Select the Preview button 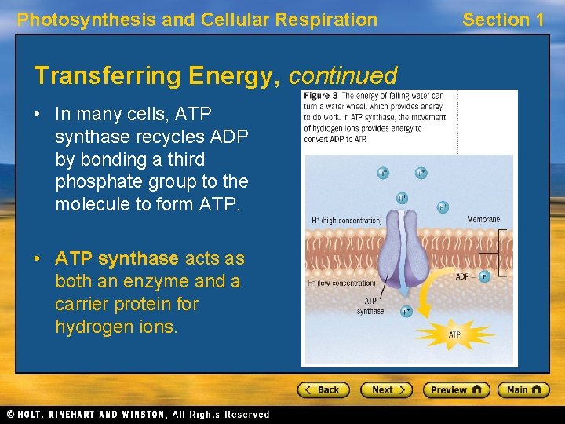456,389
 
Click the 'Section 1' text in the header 503,20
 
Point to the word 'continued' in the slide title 343,76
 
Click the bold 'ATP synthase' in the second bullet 117,258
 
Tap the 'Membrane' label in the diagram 483,220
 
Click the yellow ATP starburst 454,334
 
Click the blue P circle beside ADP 483,276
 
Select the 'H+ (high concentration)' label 344,221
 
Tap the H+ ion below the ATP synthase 406,312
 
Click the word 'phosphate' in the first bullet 93,181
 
